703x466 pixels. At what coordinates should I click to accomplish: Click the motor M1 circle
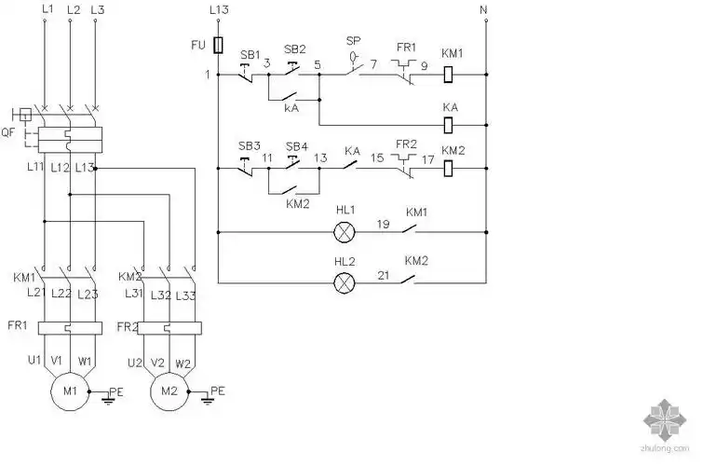point(69,390)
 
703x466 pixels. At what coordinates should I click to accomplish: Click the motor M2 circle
point(169,390)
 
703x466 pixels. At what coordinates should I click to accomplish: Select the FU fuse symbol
point(217,45)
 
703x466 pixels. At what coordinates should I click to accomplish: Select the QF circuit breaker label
point(8,132)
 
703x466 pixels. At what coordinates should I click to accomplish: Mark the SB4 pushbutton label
point(296,146)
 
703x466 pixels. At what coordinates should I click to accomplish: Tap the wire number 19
point(383,224)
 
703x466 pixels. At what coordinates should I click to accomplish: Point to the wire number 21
point(383,276)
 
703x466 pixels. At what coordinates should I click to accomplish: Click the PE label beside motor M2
point(218,390)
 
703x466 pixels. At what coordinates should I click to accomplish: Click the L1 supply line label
point(45,8)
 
